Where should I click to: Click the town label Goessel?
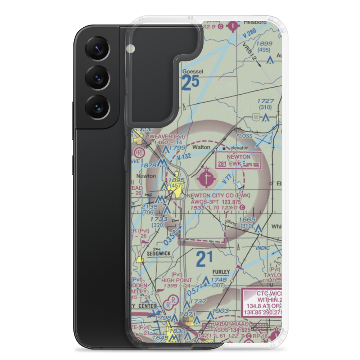[x=193, y=72]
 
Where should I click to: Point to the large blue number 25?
[x=190, y=84]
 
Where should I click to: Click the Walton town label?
[x=201, y=147]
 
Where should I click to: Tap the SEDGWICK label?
[x=158, y=254]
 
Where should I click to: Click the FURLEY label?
[x=221, y=273]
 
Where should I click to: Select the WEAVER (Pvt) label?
[x=162, y=137]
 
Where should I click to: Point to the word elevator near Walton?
[x=239, y=148]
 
